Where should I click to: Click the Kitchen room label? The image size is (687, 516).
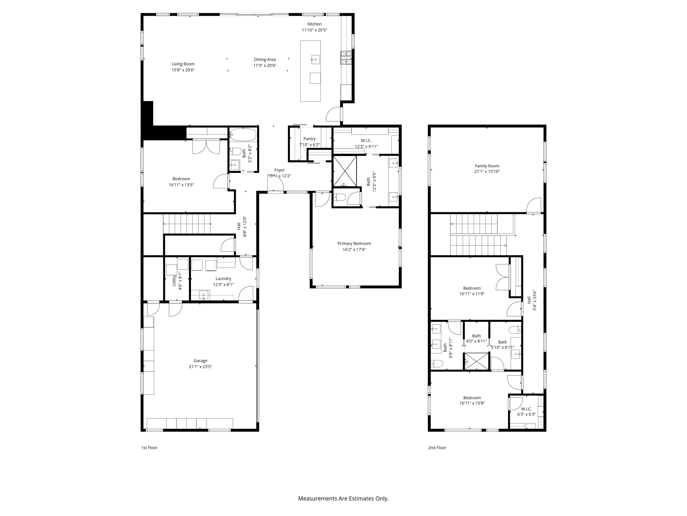point(314,24)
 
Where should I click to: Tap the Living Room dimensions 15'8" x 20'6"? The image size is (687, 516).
point(183,70)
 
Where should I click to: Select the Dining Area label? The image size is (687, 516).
point(265,59)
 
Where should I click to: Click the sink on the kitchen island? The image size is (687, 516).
point(315,59)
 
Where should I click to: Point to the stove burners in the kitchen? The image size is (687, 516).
point(346,58)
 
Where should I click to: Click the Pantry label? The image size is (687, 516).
point(309,139)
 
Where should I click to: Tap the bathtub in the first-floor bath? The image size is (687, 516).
point(243,135)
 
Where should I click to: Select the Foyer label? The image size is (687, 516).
point(280,170)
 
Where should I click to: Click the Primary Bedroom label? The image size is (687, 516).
point(354,244)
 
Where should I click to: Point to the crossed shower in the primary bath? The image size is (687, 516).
point(345,171)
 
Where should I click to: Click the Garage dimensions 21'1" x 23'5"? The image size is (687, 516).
point(200,367)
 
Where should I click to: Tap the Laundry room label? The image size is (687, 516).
point(223,279)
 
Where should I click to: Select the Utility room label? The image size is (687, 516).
point(174,280)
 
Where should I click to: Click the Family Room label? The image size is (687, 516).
point(487,166)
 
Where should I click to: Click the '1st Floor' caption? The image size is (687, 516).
point(149,448)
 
